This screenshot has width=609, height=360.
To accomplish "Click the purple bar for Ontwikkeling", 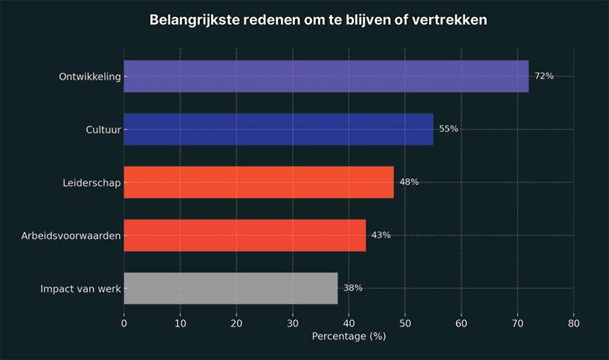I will coord(326,76).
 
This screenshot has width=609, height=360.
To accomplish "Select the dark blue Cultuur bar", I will coord(278,129).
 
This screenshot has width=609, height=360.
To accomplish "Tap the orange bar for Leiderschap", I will coord(258,182).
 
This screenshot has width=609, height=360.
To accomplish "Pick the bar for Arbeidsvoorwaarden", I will coord(245,235).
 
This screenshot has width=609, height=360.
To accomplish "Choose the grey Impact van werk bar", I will coord(231,288).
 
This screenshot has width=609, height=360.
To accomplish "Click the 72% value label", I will coord(544,76).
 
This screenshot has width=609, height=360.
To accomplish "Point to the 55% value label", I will coord(449,129).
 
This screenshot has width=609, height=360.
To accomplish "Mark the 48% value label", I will coord(409,182).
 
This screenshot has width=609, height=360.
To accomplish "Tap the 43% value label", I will coord(381,235).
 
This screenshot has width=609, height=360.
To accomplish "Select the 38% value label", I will coord(353,288).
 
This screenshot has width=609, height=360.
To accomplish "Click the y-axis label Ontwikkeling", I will coord(90,76).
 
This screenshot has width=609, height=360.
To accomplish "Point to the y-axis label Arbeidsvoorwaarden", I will coord(71,235).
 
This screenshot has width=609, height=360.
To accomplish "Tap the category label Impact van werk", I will coord(81,289).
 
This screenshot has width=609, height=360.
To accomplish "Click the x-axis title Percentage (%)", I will coord(348,336).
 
